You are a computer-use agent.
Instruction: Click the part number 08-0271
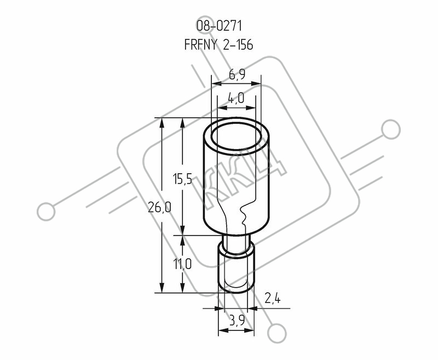[x=219, y=26]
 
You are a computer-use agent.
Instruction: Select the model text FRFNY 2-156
[x=218, y=44]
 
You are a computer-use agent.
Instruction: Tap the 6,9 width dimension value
[x=237, y=75]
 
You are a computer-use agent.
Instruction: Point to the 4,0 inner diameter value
[x=236, y=98]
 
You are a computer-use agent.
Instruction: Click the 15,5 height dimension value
[x=183, y=179]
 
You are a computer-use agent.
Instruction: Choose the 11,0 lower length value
[x=183, y=264]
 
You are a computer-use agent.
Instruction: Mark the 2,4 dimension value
[x=272, y=299]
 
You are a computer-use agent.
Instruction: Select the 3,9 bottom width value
[x=237, y=321]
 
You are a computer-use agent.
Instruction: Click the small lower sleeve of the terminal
[x=237, y=268]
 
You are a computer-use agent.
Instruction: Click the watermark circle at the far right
[x=391, y=129]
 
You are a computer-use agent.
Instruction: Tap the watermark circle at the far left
[x=46, y=212]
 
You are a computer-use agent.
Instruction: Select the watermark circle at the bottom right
[x=277, y=333]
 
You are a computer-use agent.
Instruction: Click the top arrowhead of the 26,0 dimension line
[x=162, y=123]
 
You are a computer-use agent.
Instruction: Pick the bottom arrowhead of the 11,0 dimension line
[x=183, y=288]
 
